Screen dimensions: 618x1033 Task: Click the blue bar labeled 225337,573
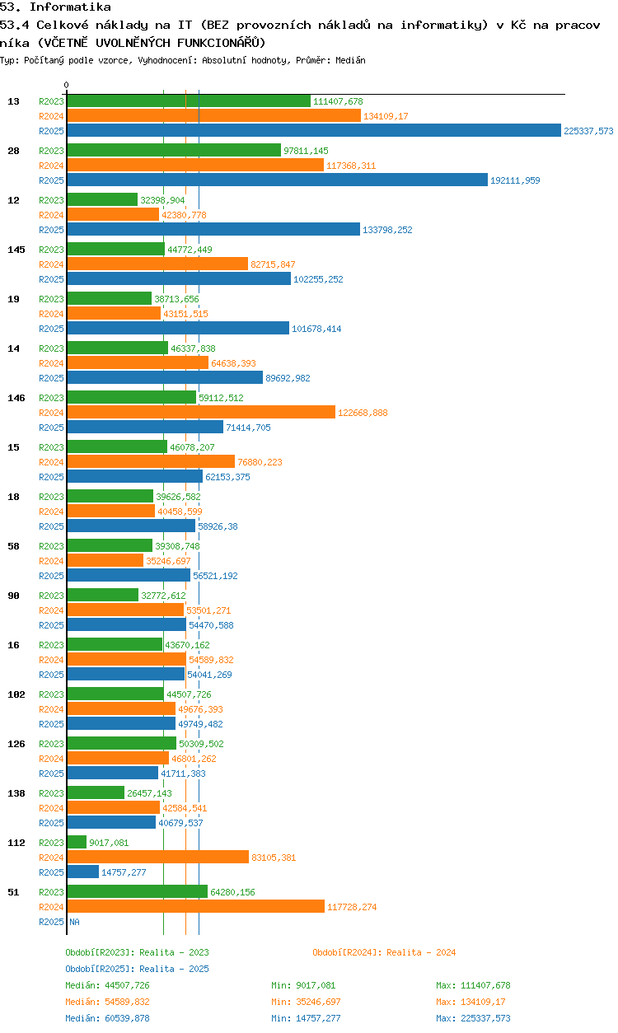coord(314,130)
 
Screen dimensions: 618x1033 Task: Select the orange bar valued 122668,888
coord(201,412)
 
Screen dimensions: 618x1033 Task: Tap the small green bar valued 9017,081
coord(77,842)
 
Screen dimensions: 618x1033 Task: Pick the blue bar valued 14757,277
coord(83,872)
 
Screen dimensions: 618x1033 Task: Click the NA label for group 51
coord(74,922)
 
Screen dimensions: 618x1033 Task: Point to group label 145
coord(16,250)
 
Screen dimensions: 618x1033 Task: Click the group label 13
coord(13,101)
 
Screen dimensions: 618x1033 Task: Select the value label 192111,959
coord(515,180)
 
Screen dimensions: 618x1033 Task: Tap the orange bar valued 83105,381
coord(158,857)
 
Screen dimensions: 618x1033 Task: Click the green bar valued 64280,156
coord(138,891)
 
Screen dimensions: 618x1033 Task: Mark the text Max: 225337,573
coord(473,1018)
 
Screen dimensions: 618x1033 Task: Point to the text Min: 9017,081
coord(303,985)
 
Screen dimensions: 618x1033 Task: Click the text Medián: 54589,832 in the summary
coord(107,1002)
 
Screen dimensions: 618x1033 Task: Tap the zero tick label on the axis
coord(67,85)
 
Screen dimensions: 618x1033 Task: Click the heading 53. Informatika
coord(55,7)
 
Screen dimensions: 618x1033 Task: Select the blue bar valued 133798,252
coord(213,229)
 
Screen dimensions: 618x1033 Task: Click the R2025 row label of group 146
coord(51,428)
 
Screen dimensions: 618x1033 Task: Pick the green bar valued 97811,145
coord(174,150)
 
